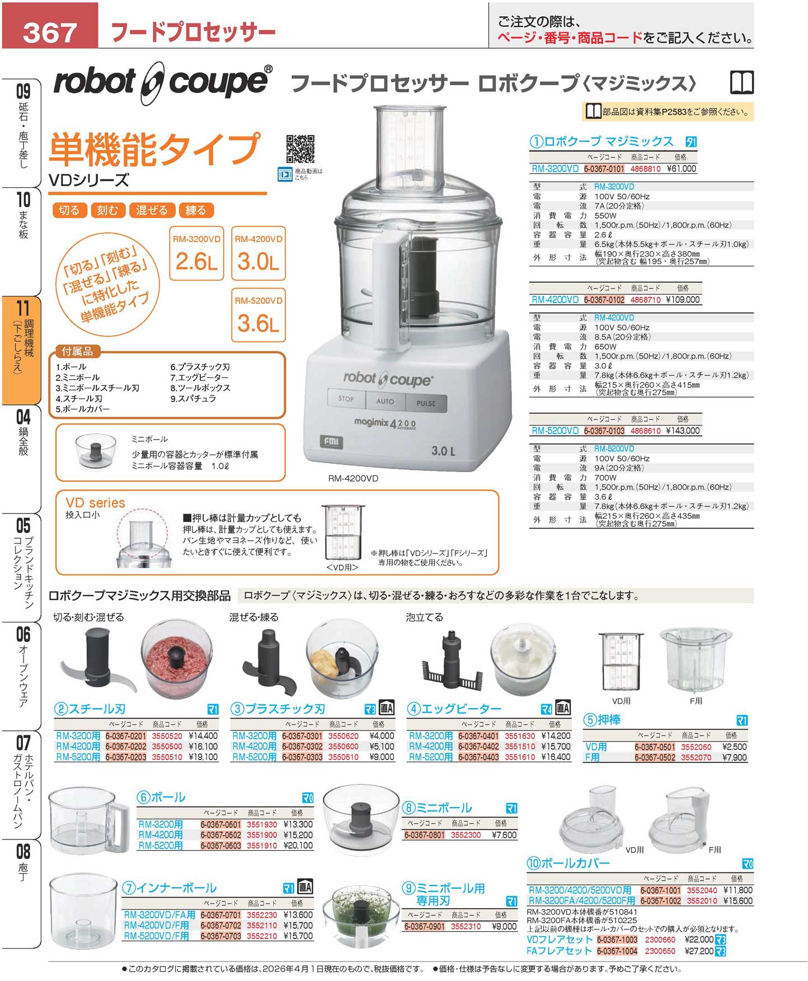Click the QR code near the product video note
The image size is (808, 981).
tap(300, 149)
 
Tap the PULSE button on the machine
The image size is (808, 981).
tap(426, 403)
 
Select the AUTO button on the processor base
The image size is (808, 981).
tap(385, 401)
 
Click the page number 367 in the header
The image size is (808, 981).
tap(50, 32)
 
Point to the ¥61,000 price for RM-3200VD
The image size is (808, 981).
tap(682, 168)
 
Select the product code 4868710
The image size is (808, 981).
tap(645, 300)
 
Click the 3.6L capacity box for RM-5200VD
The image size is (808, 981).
tap(258, 315)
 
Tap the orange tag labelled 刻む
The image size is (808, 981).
tap(107, 210)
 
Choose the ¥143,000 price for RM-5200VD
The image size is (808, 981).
tap(683, 431)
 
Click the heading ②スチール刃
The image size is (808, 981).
tap(90, 709)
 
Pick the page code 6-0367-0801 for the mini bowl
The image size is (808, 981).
tap(425, 835)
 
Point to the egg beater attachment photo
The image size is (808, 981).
tap(451, 662)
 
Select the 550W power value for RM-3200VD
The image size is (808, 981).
tap(605, 215)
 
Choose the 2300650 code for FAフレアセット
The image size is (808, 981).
tap(660, 951)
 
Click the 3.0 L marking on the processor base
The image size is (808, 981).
tap(443, 451)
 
